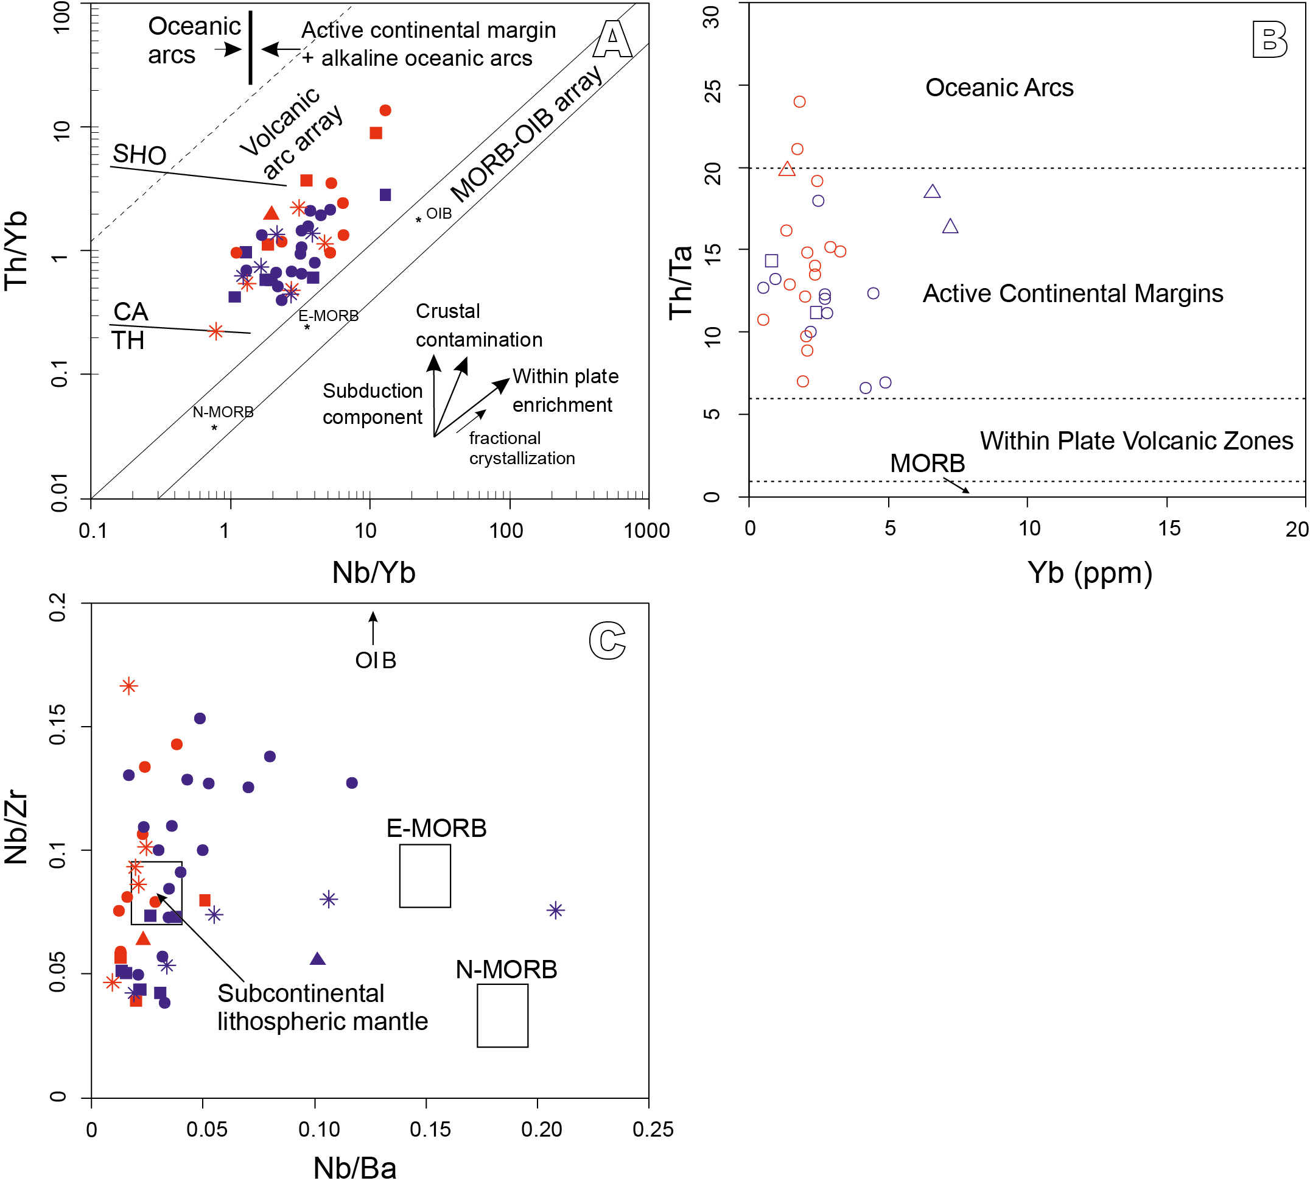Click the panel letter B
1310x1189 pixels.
(1270, 39)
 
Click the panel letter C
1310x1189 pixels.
(607, 641)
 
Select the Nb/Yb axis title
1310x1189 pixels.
(374, 573)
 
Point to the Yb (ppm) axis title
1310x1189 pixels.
(1090, 573)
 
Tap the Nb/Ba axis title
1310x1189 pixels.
(355, 1168)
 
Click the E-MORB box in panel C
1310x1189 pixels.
(425, 876)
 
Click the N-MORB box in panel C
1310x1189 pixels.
(502, 1015)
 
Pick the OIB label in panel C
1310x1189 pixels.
(376, 660)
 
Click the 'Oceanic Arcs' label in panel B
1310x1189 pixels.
(1000, 88)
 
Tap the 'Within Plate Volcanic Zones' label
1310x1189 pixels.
(1137, 441)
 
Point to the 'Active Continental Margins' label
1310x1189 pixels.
(1073, 294)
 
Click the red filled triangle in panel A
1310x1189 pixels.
(271, 213)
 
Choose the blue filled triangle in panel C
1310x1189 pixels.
(317, 959)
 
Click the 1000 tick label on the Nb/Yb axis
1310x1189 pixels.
(646, 531)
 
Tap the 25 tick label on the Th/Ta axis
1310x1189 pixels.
(713, 91)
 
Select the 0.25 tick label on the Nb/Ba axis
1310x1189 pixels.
(653, 1130)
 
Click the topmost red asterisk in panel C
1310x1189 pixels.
(128, 686)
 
